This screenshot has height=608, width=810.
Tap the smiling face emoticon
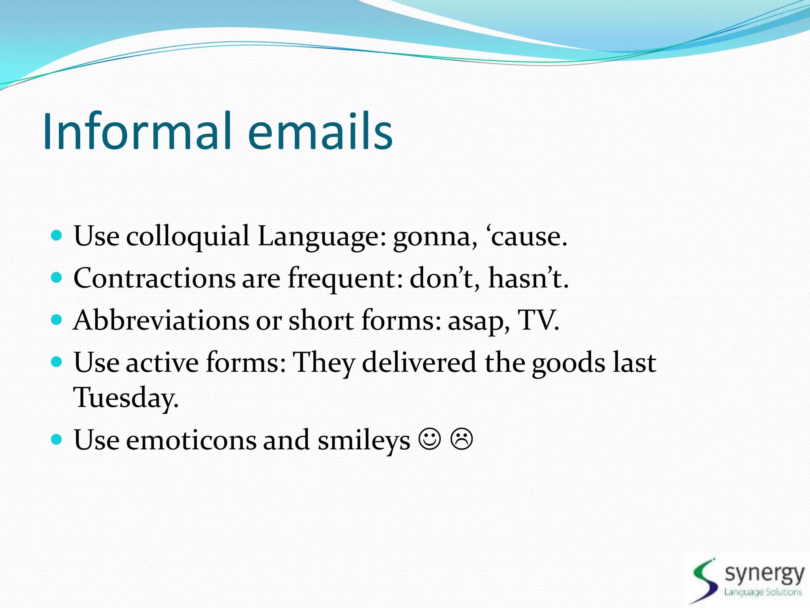(x=430, y=439)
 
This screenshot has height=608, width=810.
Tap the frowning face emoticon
(x=461, y=439)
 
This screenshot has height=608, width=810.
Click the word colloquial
(x=187, y=237)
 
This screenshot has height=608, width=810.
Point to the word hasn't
(x=528, y=278)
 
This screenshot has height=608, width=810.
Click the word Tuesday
(x=126, y=397)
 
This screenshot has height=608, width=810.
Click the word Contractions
(x=154, y=278)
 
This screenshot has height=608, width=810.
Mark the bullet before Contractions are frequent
(x=57, y=277)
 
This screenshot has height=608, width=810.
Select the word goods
(x=568, y=363)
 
